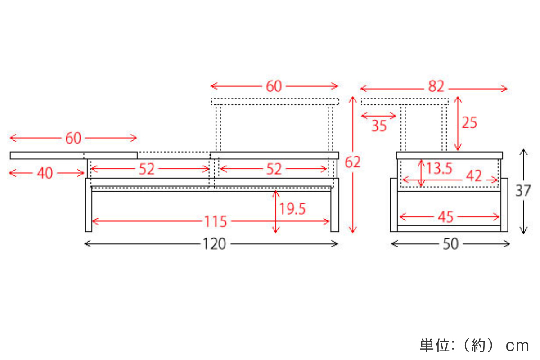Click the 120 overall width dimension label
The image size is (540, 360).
[x=214, y=244]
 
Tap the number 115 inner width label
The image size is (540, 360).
[x=216, y=221]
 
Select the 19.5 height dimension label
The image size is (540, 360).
[x=292, y=209]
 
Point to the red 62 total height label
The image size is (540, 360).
[x=353, y=162]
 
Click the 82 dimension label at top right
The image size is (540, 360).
[x=436, y=86]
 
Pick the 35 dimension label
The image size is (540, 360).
[x=379, y=126]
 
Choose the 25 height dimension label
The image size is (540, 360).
[x=469, y=122]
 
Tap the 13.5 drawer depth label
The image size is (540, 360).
[x=440, y=168]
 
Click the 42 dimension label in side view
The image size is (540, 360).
[x=474, y=176]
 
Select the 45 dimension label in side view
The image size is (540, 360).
[x=445, y=217]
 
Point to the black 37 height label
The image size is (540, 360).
[x=523, y=191]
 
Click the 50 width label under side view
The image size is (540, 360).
[x=450, y=244]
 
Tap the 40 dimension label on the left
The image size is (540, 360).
[x=45, y=173]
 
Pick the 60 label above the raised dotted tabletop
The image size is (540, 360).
[x=274, y=86]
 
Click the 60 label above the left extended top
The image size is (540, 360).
[x=73, y=138]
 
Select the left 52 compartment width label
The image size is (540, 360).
[x=147, y=169]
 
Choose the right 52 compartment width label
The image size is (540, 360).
[x=274, y=169]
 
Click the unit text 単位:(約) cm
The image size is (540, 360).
[x=474, y=346]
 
